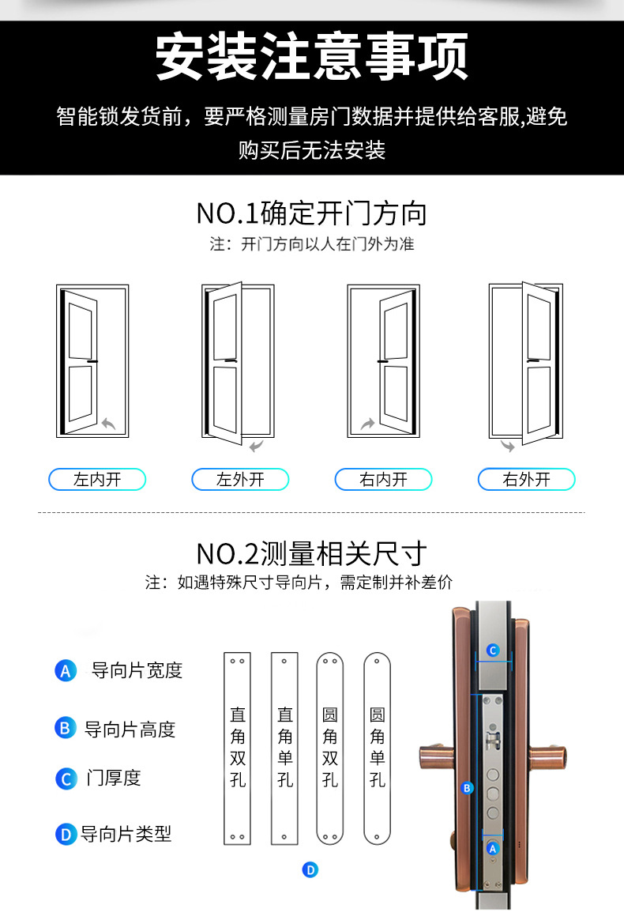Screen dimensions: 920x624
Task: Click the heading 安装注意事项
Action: click(312, 56)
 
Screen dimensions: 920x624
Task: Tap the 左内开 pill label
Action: click(97, 479)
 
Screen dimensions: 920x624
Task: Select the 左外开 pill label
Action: click(240, 479)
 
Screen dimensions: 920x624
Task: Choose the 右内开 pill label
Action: click(384, 479)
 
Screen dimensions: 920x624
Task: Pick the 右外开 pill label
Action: click(527, 479)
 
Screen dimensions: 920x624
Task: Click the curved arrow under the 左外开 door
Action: click(256, 448)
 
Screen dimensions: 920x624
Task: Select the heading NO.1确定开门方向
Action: click(312, 213)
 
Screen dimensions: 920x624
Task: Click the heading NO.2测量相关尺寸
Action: click(312, 552)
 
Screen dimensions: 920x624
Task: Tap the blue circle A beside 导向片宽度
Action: click(65, 671)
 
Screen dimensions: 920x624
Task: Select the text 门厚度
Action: click(113, 778)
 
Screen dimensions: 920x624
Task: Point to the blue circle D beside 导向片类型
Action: click(65, 834)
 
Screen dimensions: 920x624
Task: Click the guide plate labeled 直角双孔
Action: click(237, 748)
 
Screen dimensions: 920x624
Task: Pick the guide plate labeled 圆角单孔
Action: click(377, 748)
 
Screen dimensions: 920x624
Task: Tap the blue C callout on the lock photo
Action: click(492, 650)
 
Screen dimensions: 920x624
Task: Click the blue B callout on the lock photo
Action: click(467, 788)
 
